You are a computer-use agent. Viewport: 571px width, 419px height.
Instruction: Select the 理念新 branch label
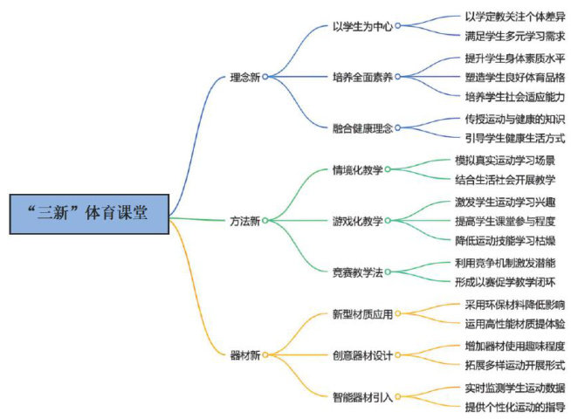(244, 76)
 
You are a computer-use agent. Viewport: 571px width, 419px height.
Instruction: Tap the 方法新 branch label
(244, 220)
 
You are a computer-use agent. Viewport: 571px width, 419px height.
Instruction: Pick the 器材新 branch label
(244, 355)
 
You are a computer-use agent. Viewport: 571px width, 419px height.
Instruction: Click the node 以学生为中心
(362, 25)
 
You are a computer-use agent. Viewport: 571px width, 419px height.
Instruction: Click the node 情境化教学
(357, 169)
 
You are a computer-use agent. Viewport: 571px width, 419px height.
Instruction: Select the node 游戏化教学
(357, 220)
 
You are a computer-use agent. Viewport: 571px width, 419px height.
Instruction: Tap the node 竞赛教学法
(357, 271)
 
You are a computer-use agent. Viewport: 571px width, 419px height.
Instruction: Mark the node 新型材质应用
(362, 313)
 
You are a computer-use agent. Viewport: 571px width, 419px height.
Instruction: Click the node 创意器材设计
(362, 355)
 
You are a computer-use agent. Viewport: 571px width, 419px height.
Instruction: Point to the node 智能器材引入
(362, 396)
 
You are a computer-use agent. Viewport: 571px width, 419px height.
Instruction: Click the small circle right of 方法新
(266, 220)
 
